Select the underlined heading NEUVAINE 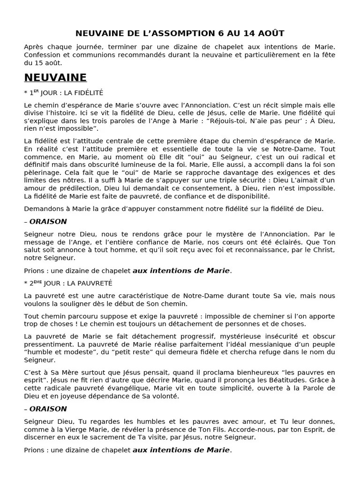pyautogui.click(x=55, y=77)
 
